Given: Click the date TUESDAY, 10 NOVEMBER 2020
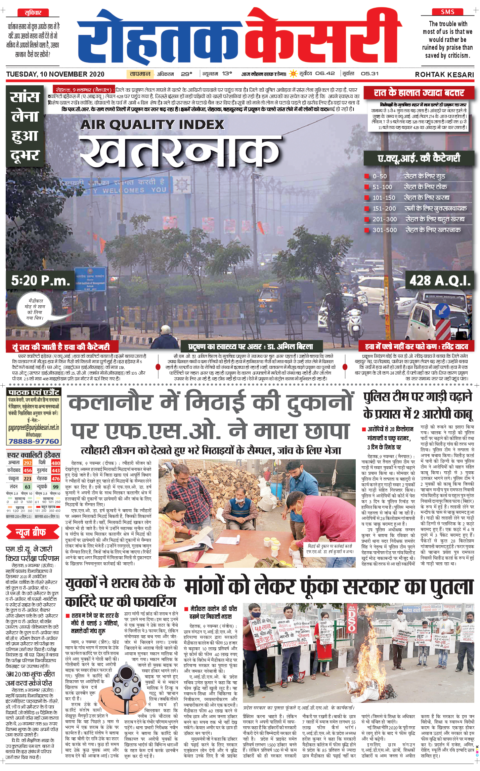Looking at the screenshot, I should [x=55, y=74].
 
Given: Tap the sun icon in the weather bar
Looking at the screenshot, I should [x=294, y=74].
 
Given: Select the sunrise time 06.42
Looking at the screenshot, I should [x=325, y=74].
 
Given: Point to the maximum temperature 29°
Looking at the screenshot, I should [x=186, y=74].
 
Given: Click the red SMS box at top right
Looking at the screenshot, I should [x=447, y=12].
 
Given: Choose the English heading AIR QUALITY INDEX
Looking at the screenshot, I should [x=152, y=125].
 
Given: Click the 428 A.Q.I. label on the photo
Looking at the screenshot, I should [x=440, y=280].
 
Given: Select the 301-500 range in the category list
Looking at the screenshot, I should [x=385, y=230].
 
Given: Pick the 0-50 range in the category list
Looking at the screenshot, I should [x=380, y=176].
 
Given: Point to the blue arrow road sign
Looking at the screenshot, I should [x=443, y=310].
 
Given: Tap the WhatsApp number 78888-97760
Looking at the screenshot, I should [x=34, y=441].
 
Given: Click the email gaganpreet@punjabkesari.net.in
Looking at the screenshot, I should [x=34, y=428].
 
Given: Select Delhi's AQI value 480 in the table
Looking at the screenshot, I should [x=55, y=463].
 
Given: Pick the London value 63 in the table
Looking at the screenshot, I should [x=28, y=486].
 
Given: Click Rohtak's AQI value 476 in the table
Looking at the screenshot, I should [x=55, y=478].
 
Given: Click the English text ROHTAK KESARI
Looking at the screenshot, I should [x=444, y=75].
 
